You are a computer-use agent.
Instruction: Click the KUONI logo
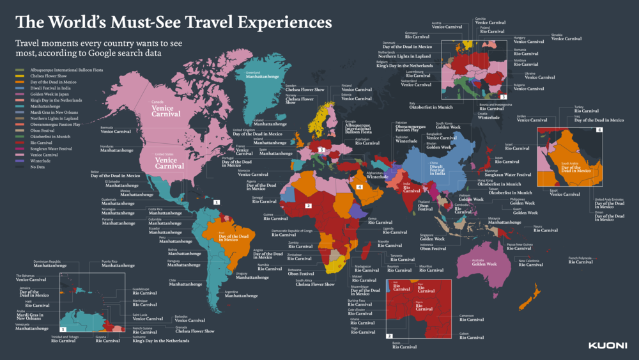pos(607,346)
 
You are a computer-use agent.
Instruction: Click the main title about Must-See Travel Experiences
pos(174,22)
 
